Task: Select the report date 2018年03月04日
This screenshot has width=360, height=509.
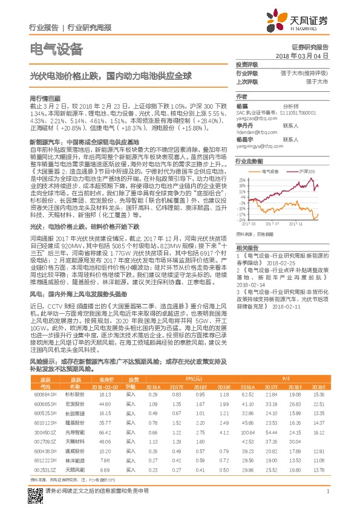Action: pyautogui.click(x=306, y=55)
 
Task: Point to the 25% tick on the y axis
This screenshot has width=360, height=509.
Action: pyautogui.click(x=243, y=180)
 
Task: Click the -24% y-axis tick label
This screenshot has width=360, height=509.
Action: pyautogui.click(x=243, y=220)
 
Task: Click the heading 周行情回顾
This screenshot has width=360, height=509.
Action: pyautogui.click(x=45, y=97)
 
